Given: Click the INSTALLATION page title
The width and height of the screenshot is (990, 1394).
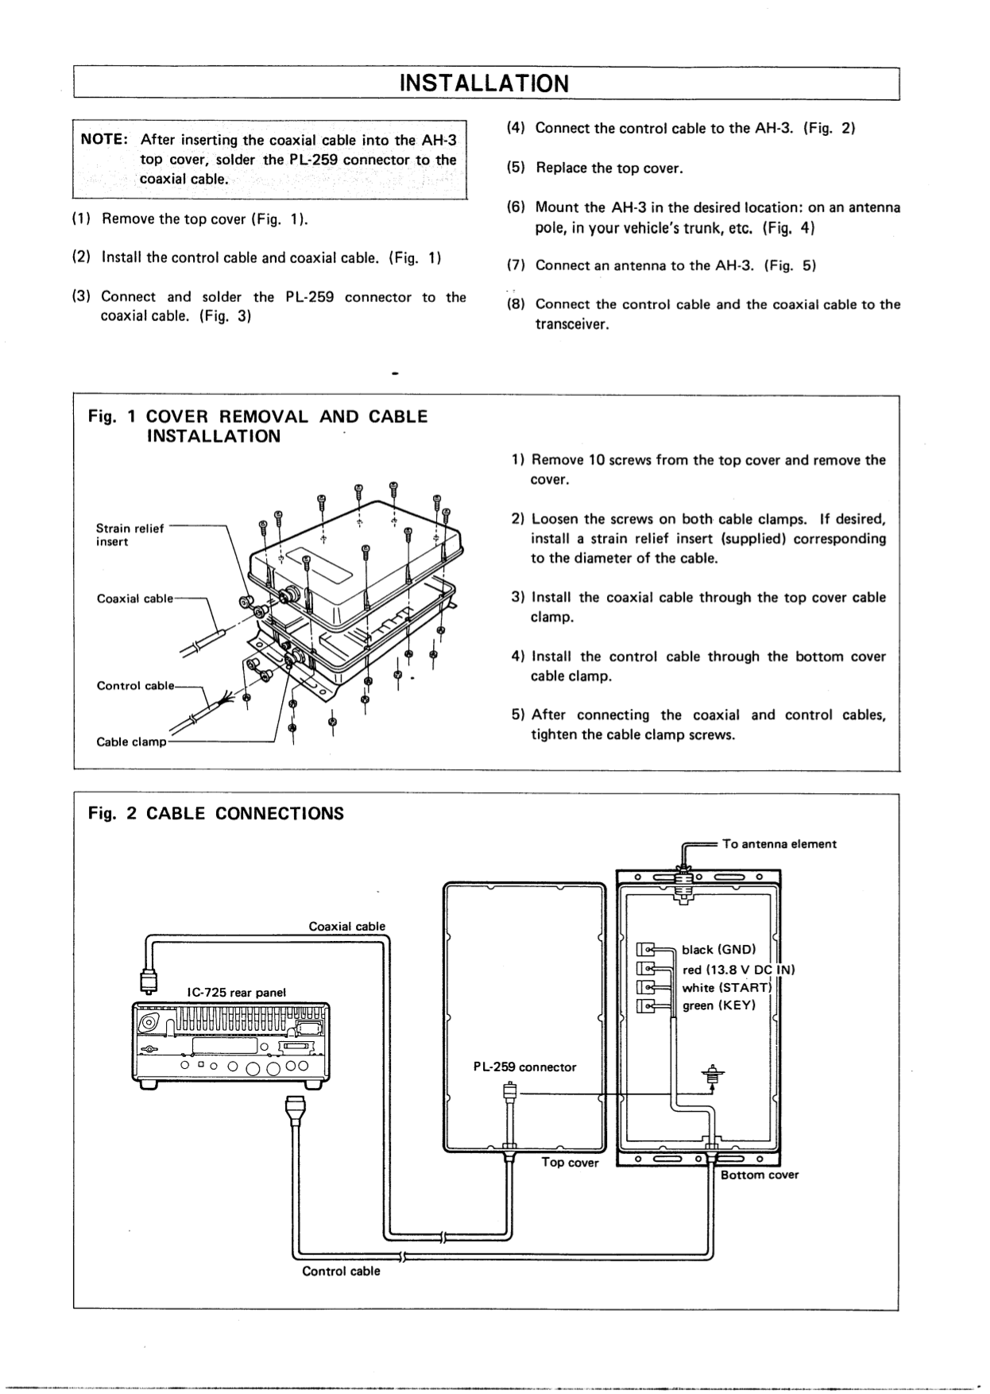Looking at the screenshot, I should click(484, 83).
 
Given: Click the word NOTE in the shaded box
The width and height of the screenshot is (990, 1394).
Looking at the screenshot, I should click(100, 139).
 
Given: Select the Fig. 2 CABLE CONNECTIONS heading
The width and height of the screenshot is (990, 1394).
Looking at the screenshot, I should click(215, 814).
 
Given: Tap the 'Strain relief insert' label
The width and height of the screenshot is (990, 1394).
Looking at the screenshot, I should click(129, 535).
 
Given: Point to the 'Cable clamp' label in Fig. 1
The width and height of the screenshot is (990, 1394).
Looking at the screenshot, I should click(131, 742).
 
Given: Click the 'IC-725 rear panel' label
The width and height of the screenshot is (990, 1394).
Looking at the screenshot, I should click(236, 993).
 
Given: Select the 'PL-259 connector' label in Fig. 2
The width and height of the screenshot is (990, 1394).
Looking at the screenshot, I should click(524, 1067).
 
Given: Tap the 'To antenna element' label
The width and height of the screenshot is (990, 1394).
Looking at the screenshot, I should click(779, 844).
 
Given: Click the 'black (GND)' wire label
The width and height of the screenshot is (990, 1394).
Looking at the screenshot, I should click(719, 950).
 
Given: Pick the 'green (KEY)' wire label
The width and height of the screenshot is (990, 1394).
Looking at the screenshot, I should click(719, 1005).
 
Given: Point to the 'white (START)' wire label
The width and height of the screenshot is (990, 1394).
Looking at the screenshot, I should click(727, 988).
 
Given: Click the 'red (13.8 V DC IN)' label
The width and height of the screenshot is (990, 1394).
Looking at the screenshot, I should click(739, 970).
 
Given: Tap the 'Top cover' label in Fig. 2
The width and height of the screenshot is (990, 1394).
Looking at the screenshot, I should click(570, 1163).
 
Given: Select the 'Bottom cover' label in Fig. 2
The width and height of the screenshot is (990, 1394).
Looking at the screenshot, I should click(759, 1175).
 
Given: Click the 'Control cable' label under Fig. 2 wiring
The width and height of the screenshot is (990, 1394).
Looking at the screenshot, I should click(341, 1271).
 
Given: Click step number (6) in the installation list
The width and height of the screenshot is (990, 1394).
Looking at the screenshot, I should click(516, 207).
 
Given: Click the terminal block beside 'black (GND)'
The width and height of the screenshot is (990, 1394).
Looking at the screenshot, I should click(645, 950).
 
